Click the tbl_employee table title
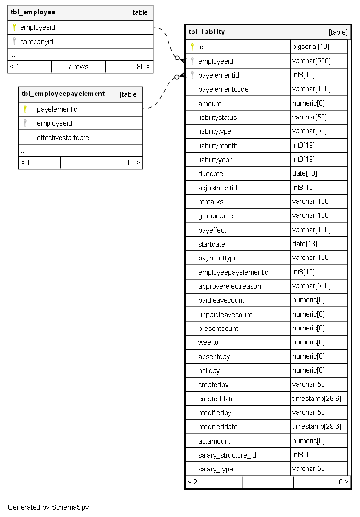pos(33,12)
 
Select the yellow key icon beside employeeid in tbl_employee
pos(14,27)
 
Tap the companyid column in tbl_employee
pos(36,42)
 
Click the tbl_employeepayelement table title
pos(63,94)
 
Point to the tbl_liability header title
pos(206,32)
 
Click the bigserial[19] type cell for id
pos(311,47)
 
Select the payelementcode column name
pos(223,89)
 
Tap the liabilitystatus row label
pos(217,117)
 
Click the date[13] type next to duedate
pos(305,174)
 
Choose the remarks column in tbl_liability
pos(211,202)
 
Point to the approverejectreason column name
pos(229,286)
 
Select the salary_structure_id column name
pos(227,455)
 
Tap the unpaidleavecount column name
pos(225,315)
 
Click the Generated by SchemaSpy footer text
pos(48,507)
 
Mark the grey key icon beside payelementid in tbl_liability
pos(192,75)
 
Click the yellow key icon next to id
pos(192,47)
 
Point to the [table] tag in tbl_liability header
pos(338,32)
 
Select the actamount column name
pos(214,441)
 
